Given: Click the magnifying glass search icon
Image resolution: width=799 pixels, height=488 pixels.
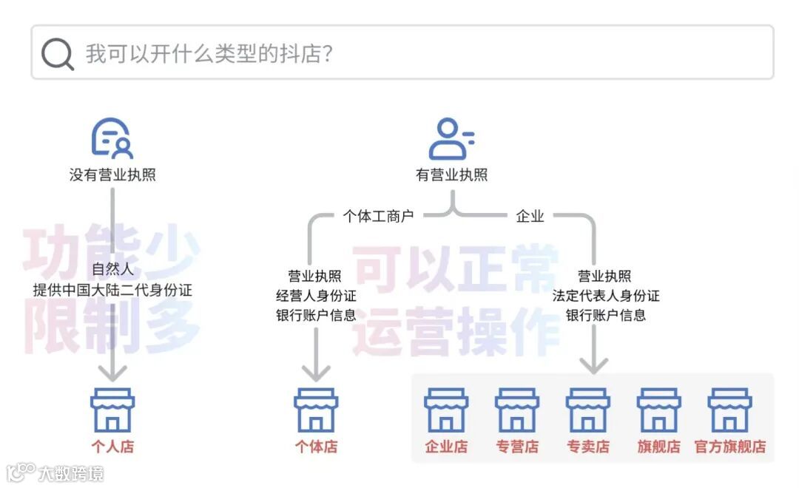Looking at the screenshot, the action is [57, 54].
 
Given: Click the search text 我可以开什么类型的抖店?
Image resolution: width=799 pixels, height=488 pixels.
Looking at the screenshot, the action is [209, 54].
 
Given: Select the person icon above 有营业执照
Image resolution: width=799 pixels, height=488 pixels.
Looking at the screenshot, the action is [451, 139].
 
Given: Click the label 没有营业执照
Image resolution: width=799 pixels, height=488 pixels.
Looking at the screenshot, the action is [112, 175].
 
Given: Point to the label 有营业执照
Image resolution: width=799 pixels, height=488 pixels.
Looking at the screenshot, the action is [451, 175].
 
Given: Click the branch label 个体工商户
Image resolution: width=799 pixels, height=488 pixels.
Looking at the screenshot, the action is [378, 216].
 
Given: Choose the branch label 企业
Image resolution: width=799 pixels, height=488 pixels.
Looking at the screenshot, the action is [530, 216].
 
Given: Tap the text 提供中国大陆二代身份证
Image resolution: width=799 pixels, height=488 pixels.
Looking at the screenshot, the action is [112, 290].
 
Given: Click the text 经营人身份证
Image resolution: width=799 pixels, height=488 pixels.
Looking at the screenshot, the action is [316, 296].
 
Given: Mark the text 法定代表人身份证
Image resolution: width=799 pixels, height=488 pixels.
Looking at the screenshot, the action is [606, 296].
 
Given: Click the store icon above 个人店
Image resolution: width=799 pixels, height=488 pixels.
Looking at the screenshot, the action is [112, 410].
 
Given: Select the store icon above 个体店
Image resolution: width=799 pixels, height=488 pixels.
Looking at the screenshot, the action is [316, 410].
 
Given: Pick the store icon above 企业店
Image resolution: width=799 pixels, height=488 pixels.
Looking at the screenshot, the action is [446, 410].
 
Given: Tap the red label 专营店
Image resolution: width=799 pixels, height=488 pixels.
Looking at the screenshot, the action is [517, 447].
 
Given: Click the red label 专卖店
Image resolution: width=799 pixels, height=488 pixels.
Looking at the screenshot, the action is [588, 447].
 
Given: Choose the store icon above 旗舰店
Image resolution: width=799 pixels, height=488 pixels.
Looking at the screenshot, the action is [658, 410].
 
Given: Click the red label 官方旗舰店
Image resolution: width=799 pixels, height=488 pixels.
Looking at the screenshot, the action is [729, 447].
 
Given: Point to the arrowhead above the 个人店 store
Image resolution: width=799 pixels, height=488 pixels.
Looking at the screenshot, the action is [112, 372].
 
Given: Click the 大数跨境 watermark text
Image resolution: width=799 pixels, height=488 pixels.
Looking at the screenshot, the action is [71, 473].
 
